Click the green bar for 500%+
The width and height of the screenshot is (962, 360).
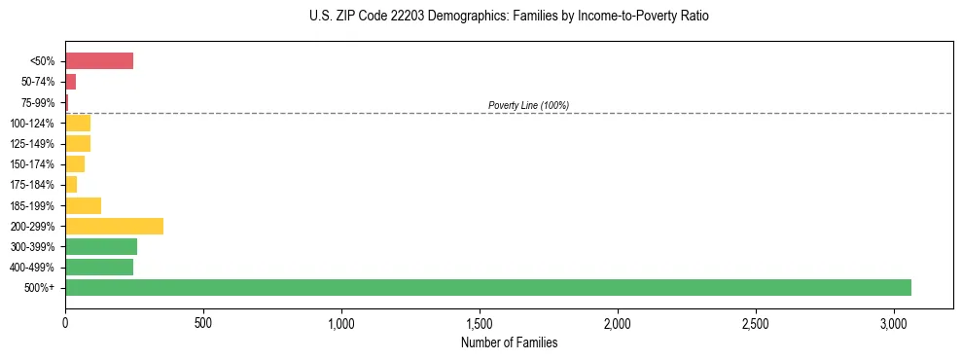(x=487, y=287)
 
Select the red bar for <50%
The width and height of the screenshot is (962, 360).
(x=99, y=61)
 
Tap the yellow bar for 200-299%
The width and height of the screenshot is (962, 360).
(x=114, y=226)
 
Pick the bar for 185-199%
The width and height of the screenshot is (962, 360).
(x=83, y=205)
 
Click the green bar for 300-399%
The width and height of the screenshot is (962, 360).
(x=101, y=246)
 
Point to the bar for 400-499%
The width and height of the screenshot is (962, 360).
(x=99, y=267)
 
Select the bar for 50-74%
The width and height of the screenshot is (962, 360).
(x=70, y=82)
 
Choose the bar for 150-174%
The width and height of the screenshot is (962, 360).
(x=75, y=163)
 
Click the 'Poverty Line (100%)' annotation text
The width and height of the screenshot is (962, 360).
(x=528, y=105)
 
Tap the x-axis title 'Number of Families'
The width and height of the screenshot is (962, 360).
(x=509, y=342)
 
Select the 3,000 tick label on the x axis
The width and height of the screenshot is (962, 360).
(x=894, y=321)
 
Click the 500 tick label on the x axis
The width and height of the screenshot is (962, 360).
(x=203, y=321)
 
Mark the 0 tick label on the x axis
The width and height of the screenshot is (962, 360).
(x=65, y=321)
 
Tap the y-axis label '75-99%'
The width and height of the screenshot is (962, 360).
(x=39, y=103)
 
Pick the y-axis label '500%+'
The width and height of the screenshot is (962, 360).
(x=41, y=288)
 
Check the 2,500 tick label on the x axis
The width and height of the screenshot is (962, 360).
(x=756, y=321)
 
